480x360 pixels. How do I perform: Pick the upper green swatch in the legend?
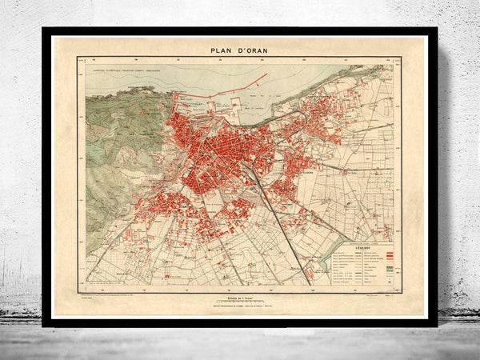[x=390, y=267]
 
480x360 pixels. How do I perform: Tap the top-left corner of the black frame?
[x=44, y=30]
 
